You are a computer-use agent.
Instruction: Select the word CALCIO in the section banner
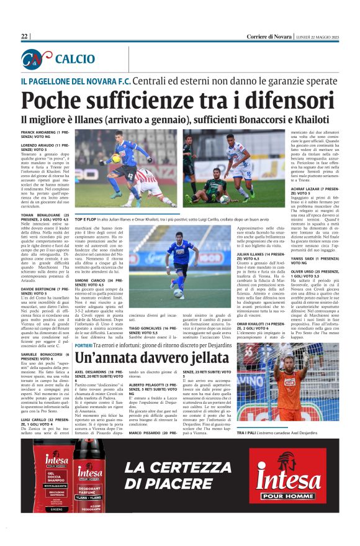click(x=74, y=59)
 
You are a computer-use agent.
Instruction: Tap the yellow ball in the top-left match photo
click(x=115, y=158)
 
